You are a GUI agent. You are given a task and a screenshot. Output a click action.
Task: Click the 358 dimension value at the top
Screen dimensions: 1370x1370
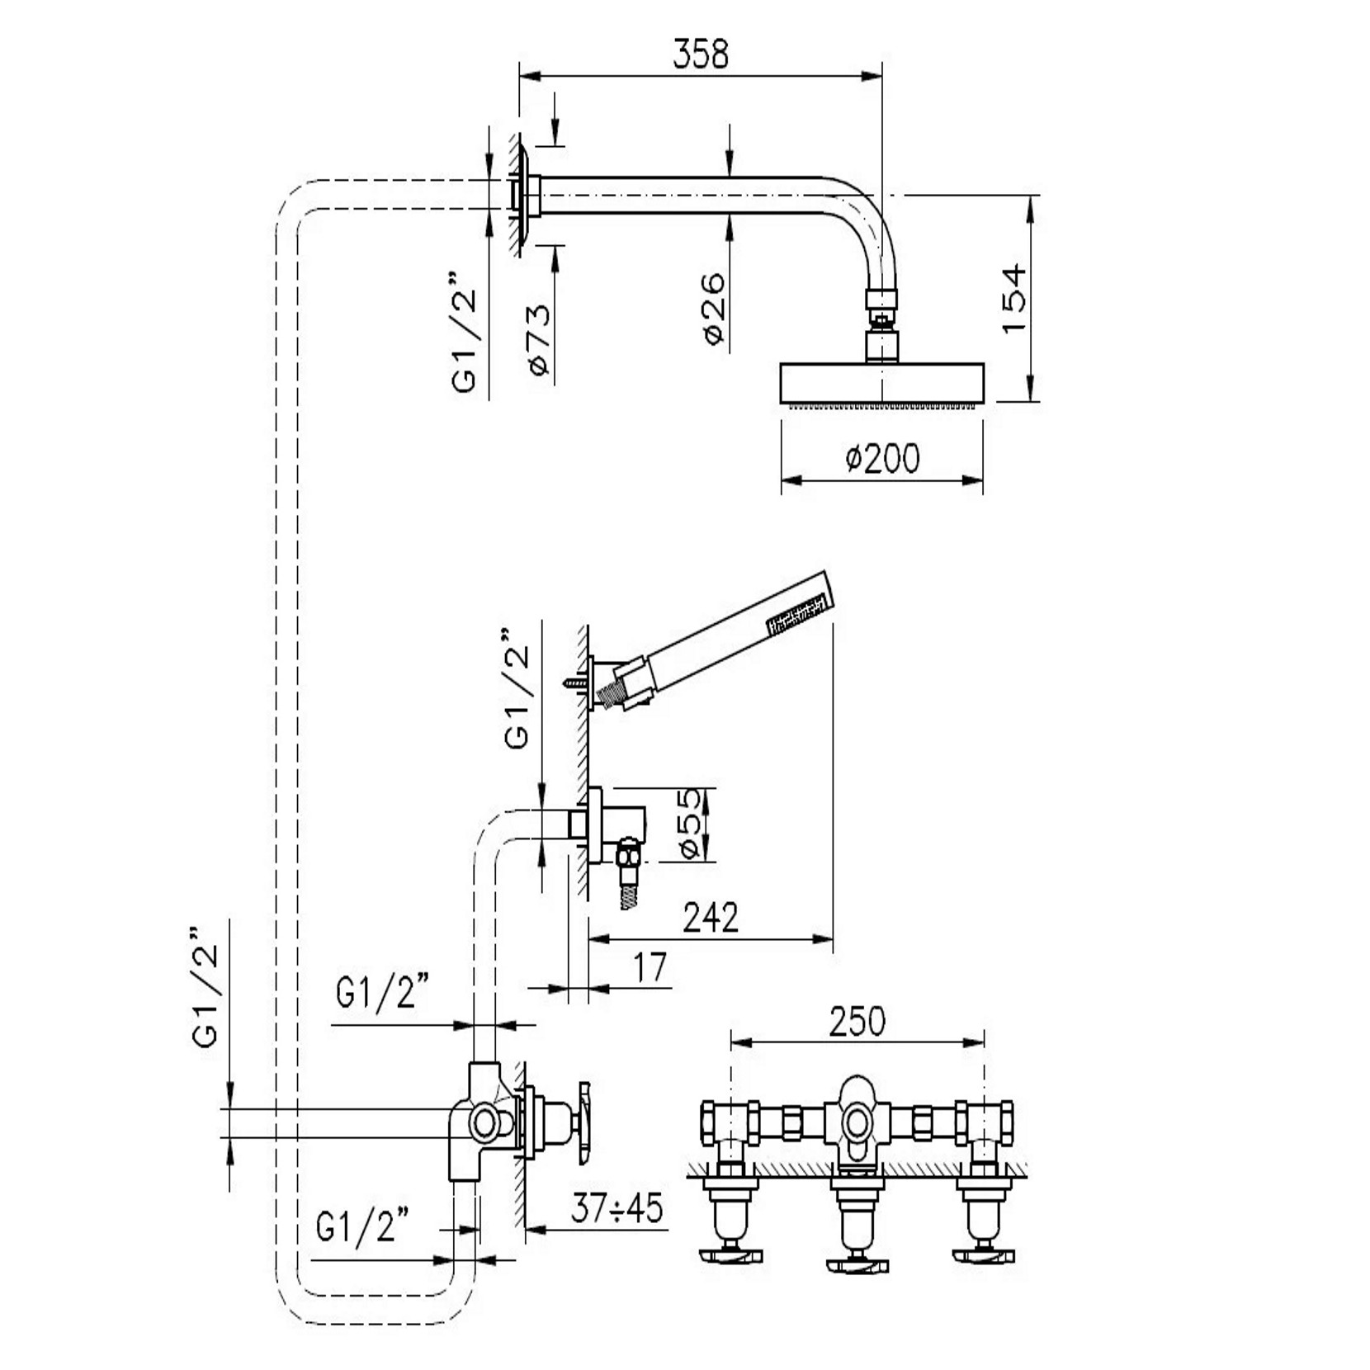point(701,54)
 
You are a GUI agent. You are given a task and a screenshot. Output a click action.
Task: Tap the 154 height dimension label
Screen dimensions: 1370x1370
point(1014,298)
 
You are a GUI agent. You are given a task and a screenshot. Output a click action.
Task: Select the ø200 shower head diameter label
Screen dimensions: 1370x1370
point(882,458)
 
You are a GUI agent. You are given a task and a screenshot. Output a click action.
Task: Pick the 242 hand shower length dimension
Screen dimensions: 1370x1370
point(711,917)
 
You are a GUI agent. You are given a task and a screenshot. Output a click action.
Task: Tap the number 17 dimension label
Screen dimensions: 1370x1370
point(650,967)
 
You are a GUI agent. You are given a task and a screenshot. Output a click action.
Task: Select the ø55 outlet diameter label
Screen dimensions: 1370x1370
point(691,823)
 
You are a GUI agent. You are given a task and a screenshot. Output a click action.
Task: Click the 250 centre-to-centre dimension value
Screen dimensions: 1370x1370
point(857,1022)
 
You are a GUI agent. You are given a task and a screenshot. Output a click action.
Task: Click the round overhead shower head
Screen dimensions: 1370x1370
point(881,384)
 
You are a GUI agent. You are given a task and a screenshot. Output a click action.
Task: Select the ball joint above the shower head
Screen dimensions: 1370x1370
point(881,319)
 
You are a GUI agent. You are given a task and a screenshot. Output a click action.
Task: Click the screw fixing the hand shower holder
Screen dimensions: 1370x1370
point(574,683)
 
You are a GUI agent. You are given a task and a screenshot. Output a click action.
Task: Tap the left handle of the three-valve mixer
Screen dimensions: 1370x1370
point(730,1256)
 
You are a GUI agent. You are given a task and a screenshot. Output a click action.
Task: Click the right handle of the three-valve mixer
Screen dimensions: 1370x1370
point(983,1256)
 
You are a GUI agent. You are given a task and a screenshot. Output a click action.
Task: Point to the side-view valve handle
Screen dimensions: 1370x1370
point(584,1123)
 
